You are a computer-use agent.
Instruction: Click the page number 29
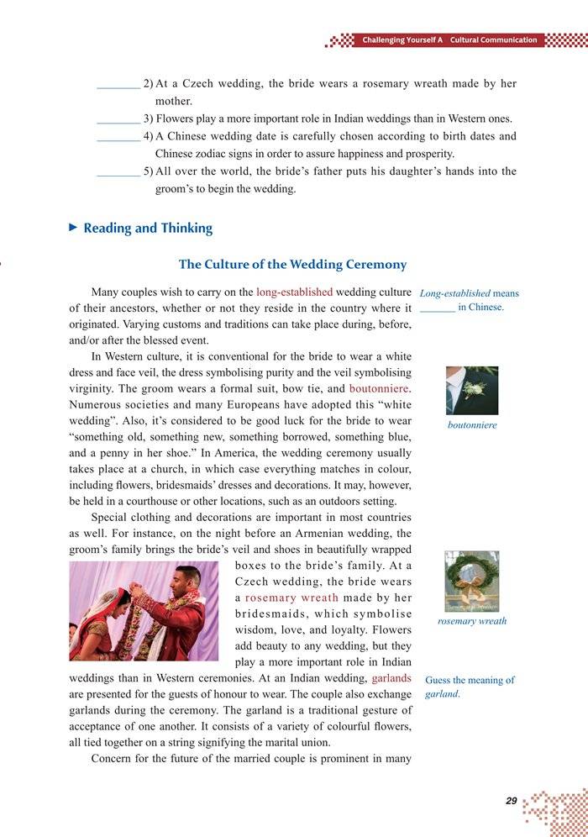511,801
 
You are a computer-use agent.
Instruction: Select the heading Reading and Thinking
148,228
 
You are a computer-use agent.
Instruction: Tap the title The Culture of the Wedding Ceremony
292,264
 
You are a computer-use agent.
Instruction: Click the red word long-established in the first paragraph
294,292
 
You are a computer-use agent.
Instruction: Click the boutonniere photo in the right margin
471,390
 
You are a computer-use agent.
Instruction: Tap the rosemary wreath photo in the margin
471,581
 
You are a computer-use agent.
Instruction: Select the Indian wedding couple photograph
144,611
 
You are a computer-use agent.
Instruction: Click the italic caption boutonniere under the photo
471,425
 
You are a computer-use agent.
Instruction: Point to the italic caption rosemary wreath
472,621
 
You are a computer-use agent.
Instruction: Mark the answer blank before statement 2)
118,85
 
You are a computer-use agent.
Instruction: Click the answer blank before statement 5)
118,172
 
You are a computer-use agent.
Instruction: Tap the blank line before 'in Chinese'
437,308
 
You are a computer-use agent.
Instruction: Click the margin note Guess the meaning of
470,680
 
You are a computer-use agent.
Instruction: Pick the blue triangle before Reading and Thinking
73,227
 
